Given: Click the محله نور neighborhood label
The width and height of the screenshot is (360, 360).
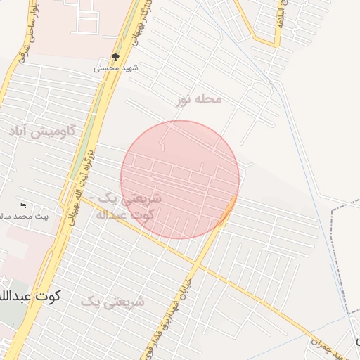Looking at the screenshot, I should pyautogui.click(x=199, y=100).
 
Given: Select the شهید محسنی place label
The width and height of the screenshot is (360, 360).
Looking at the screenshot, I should pyautogui.click(x=117, y=69).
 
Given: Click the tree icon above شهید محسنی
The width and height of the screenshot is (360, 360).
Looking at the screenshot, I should pyautogui.click(x=117, y=58).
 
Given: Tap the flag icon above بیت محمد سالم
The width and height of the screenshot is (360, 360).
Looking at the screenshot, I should pyautogui.click(x=23, y=206).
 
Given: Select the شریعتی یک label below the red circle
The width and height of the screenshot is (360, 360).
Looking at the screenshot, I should pyautogui.click(x=112, y=302).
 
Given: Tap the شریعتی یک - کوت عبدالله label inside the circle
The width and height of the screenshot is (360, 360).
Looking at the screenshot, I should pyautogui.click(x=134, y=206).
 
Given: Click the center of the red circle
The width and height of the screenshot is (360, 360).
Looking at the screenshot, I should pyautogui.click(x=180, y=179).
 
